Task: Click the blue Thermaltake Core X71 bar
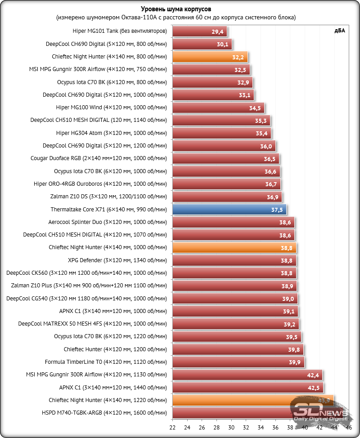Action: [229, 210]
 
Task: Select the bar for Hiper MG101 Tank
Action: [199, 31]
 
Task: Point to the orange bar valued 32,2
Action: [210, 57]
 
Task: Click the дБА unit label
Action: [340, 31]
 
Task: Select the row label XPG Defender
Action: [117, 260]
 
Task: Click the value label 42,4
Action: [314, 375]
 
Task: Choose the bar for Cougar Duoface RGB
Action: [225, 159]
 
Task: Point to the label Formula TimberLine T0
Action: [106, 362]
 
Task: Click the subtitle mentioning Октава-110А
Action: [176, 18]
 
